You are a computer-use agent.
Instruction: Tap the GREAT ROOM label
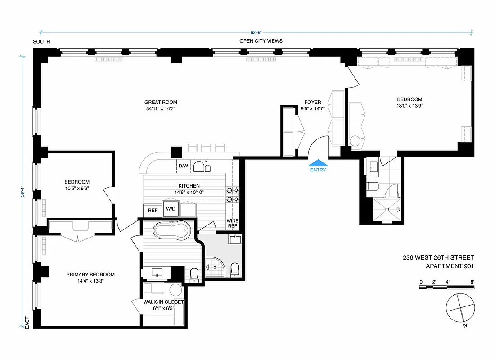point(157,102)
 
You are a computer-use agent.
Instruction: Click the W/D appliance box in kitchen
point(171,209)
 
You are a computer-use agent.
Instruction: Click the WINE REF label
point(232,224)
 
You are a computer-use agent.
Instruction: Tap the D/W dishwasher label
point(183,166)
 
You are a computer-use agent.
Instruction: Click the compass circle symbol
point(460,308)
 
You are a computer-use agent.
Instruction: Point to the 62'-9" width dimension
point(256,32)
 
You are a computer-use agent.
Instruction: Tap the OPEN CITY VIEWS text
point(261,41)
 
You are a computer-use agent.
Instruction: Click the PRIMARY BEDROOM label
point(90,274)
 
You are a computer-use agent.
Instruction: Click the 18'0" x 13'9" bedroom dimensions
point(409,106)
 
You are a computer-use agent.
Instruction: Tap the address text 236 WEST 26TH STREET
point(438,257)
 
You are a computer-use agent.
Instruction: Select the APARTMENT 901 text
point(450,265)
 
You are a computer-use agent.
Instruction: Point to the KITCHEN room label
point(189,186)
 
